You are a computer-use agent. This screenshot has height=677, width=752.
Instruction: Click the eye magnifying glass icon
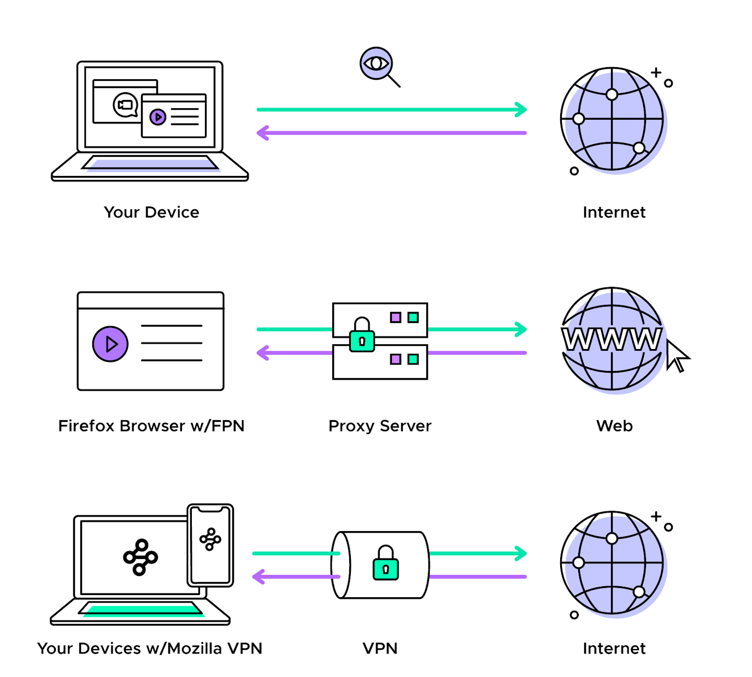377,64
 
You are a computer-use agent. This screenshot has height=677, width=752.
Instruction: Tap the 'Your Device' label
151,212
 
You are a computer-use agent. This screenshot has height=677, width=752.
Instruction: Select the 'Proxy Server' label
380,426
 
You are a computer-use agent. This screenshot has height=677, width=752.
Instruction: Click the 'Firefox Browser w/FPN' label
151,426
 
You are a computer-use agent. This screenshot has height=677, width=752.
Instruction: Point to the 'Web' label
614,426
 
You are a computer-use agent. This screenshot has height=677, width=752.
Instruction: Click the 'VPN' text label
380,648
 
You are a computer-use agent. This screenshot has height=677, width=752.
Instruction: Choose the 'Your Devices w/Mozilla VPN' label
150,648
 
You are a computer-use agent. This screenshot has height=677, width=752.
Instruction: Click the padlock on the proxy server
362,335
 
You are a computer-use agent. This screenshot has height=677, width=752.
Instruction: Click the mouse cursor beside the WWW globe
677,356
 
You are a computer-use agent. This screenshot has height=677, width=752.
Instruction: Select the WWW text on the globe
612,339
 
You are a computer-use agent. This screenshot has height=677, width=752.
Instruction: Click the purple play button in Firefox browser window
110,344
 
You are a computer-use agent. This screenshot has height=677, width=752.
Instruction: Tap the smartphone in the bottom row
210,545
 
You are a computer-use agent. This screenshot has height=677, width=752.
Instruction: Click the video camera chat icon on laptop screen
126,105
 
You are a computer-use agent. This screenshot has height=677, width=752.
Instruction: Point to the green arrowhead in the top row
521,109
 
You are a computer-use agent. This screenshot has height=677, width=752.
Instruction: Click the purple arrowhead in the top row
263,133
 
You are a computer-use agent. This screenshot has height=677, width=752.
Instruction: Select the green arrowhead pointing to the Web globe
521,329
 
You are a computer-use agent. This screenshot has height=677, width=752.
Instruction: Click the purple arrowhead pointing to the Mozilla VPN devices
258,576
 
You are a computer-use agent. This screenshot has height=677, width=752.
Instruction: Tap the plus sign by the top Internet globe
656,72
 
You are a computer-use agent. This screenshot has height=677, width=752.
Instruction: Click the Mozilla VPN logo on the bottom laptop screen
140,557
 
